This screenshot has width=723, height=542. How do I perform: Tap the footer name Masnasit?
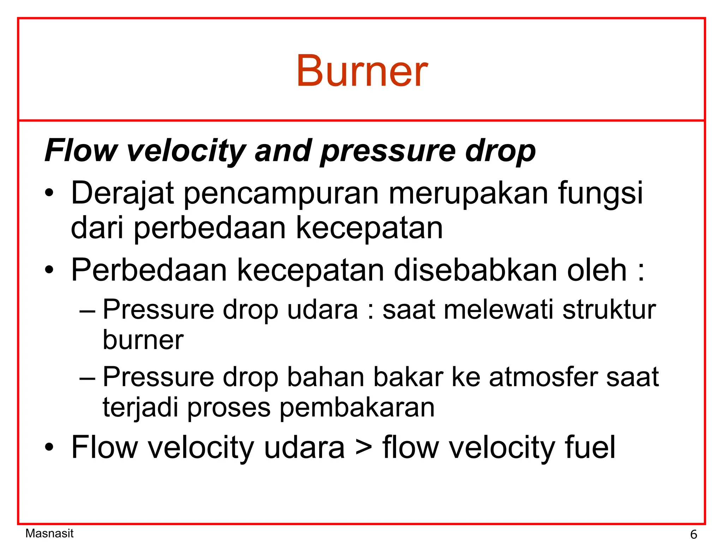tap(49, 533)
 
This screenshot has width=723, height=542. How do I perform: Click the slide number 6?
tap(693, 534)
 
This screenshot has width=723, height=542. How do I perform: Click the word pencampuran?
tap(281, 194)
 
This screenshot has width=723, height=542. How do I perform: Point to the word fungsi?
tap(600, 193)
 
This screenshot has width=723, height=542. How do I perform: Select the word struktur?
tap(609, 310)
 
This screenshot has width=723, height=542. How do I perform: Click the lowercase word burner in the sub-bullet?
tap(143, 340)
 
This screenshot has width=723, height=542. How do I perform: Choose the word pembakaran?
tap(357, 408)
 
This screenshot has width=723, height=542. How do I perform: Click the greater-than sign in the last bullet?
tap(364, 447)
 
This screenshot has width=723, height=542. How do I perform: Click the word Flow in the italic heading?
tap(81, 151)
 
